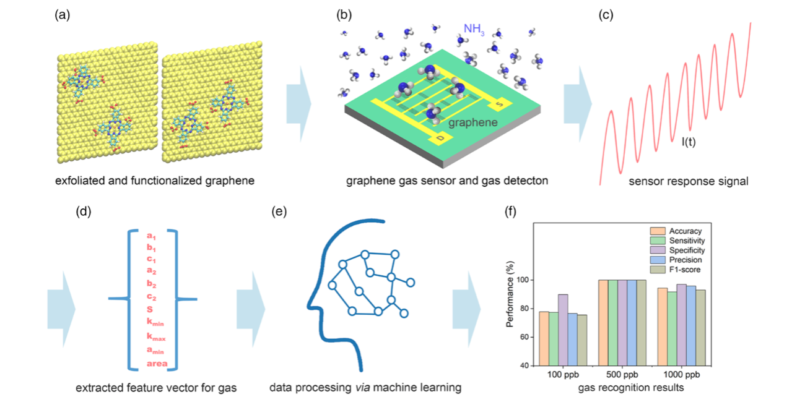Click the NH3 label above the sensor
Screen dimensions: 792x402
coord(474,29)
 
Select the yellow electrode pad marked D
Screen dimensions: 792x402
coord(440,139)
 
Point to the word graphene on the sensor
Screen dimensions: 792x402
coord(472,122)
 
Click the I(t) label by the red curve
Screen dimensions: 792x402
coord(689,142)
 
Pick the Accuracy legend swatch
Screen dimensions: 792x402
coord(658,231)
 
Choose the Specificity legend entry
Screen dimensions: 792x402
coord(677,250)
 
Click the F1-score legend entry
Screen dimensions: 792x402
coord(675,270)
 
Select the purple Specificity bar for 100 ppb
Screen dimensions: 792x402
coord(563,330)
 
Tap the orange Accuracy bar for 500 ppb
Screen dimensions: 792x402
coord(603,323)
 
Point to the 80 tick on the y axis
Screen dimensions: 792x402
coord(524,309)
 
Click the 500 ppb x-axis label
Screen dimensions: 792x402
coord(622,374)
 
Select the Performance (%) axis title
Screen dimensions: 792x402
coord(510,294)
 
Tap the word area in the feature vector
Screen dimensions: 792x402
coord(157,364)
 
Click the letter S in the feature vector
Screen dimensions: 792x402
coord(150,309)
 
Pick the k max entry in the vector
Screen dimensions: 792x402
coord(156,336)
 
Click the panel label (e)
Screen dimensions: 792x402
coord(279,212)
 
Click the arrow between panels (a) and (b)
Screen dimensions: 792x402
coord(298,104)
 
